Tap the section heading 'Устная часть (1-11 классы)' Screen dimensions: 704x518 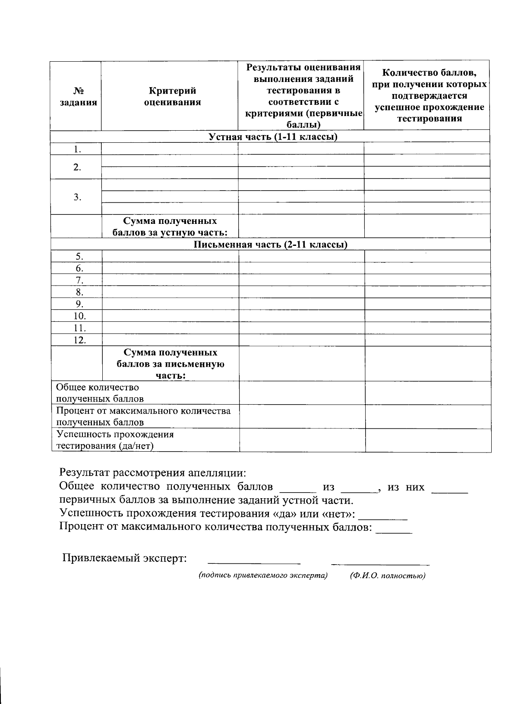[x=272, y=137]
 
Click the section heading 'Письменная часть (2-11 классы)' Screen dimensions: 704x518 [x=270, y=245]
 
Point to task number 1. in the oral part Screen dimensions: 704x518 [x=77, y=149]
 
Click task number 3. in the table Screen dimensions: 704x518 [x=77, y=197]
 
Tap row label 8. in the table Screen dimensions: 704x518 [x=79, y=292]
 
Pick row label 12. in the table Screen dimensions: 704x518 [x=79, y=340]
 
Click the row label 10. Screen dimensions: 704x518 [x=79, y=316]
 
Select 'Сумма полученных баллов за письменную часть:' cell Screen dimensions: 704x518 [x=170, y=364]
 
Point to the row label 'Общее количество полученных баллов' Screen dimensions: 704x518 [x=101, y=393]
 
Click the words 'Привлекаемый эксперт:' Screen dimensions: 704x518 [x=125, y=558]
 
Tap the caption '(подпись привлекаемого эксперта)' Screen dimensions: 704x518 [x=263, y=575]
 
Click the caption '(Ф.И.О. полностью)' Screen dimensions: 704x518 [x=388, y=575]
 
